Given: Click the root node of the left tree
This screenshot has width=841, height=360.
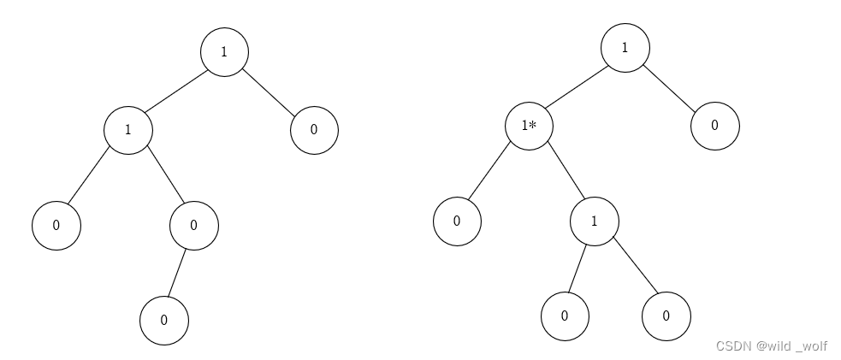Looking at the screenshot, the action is click(x=224, y=51).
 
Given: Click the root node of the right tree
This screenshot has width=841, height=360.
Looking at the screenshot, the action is click(x=625, y=46).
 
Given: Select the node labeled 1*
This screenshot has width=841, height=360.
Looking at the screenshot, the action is click(x=529, y=127).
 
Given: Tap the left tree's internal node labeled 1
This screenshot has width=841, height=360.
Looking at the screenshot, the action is click(x=128, y=131).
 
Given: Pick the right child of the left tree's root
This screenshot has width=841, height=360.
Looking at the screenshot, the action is click(x=314, y=130).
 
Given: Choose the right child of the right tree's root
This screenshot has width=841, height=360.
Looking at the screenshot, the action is click(x=714, y=125).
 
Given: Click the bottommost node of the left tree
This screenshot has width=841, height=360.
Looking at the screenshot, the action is click(x=163, y=322).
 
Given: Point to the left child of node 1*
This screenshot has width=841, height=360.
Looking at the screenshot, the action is click(x=457, y=221).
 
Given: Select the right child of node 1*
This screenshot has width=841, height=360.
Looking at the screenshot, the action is click(x=595, y=220).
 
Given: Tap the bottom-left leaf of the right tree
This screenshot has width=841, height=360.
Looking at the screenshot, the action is click(x=565, y=316).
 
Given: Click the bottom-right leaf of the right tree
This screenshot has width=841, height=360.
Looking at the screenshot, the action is click(x=666, y=316).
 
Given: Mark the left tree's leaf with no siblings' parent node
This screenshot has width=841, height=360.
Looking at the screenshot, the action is click(x=194, y=226).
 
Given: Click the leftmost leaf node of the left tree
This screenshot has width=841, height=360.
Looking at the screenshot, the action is click(x=56, y=227).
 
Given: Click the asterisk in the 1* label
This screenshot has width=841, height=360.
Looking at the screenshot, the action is click(x=533, y=125).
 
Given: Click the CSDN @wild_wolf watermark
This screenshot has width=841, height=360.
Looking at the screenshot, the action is click(x=771, y=346).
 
